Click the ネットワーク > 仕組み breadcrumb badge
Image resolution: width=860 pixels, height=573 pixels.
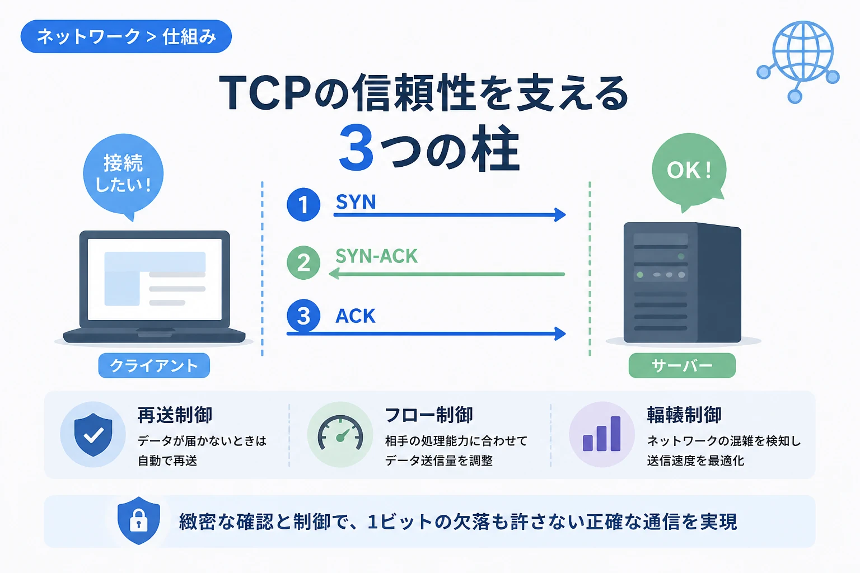pyautogui.click(x=126, y=36)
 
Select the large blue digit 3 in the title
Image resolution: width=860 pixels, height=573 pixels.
pyautogui.click(x=356, y=147)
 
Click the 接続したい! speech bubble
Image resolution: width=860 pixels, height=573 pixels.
pyautogui.click(x=123, y=175)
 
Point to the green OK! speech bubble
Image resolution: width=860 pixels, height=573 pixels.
pyautogui.click(x=689, y=171)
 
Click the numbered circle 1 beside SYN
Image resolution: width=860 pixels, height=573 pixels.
pyautogui.click(x=303, y=205)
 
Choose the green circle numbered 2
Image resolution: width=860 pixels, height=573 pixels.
pyautogui.click(x=303, y=262)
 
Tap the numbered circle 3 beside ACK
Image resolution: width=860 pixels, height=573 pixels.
pyautogui.click(x=303, y=316)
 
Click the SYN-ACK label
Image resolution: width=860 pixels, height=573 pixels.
pyautogui.click(x=376, y=256)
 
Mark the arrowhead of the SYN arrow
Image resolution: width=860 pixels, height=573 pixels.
pyautogui.click(x=560, y=214)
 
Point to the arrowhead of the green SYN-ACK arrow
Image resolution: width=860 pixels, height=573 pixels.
pyautogui.click(x=334, y=274)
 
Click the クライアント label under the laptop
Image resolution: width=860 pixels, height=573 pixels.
pyautogui.click(x=154, y=365)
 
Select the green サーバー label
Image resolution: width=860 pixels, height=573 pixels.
pyautogui.click(x=682, y=365)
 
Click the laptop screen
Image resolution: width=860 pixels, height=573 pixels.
pyautogui.click(x=155, y=279)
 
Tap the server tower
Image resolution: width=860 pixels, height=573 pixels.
pyautogui.click(x=683, y=283)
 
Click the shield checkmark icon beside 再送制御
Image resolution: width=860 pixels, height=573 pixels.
pyautogui.click(x=93, y=434)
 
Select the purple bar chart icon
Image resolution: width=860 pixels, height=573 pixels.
pyautogui.click(x=602, y=434)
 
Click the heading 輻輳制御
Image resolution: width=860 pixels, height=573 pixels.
pyautogui.click(x=684, y=415)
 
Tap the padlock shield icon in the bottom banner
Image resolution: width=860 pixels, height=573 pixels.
pyautogui.click(x=139, y=521)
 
